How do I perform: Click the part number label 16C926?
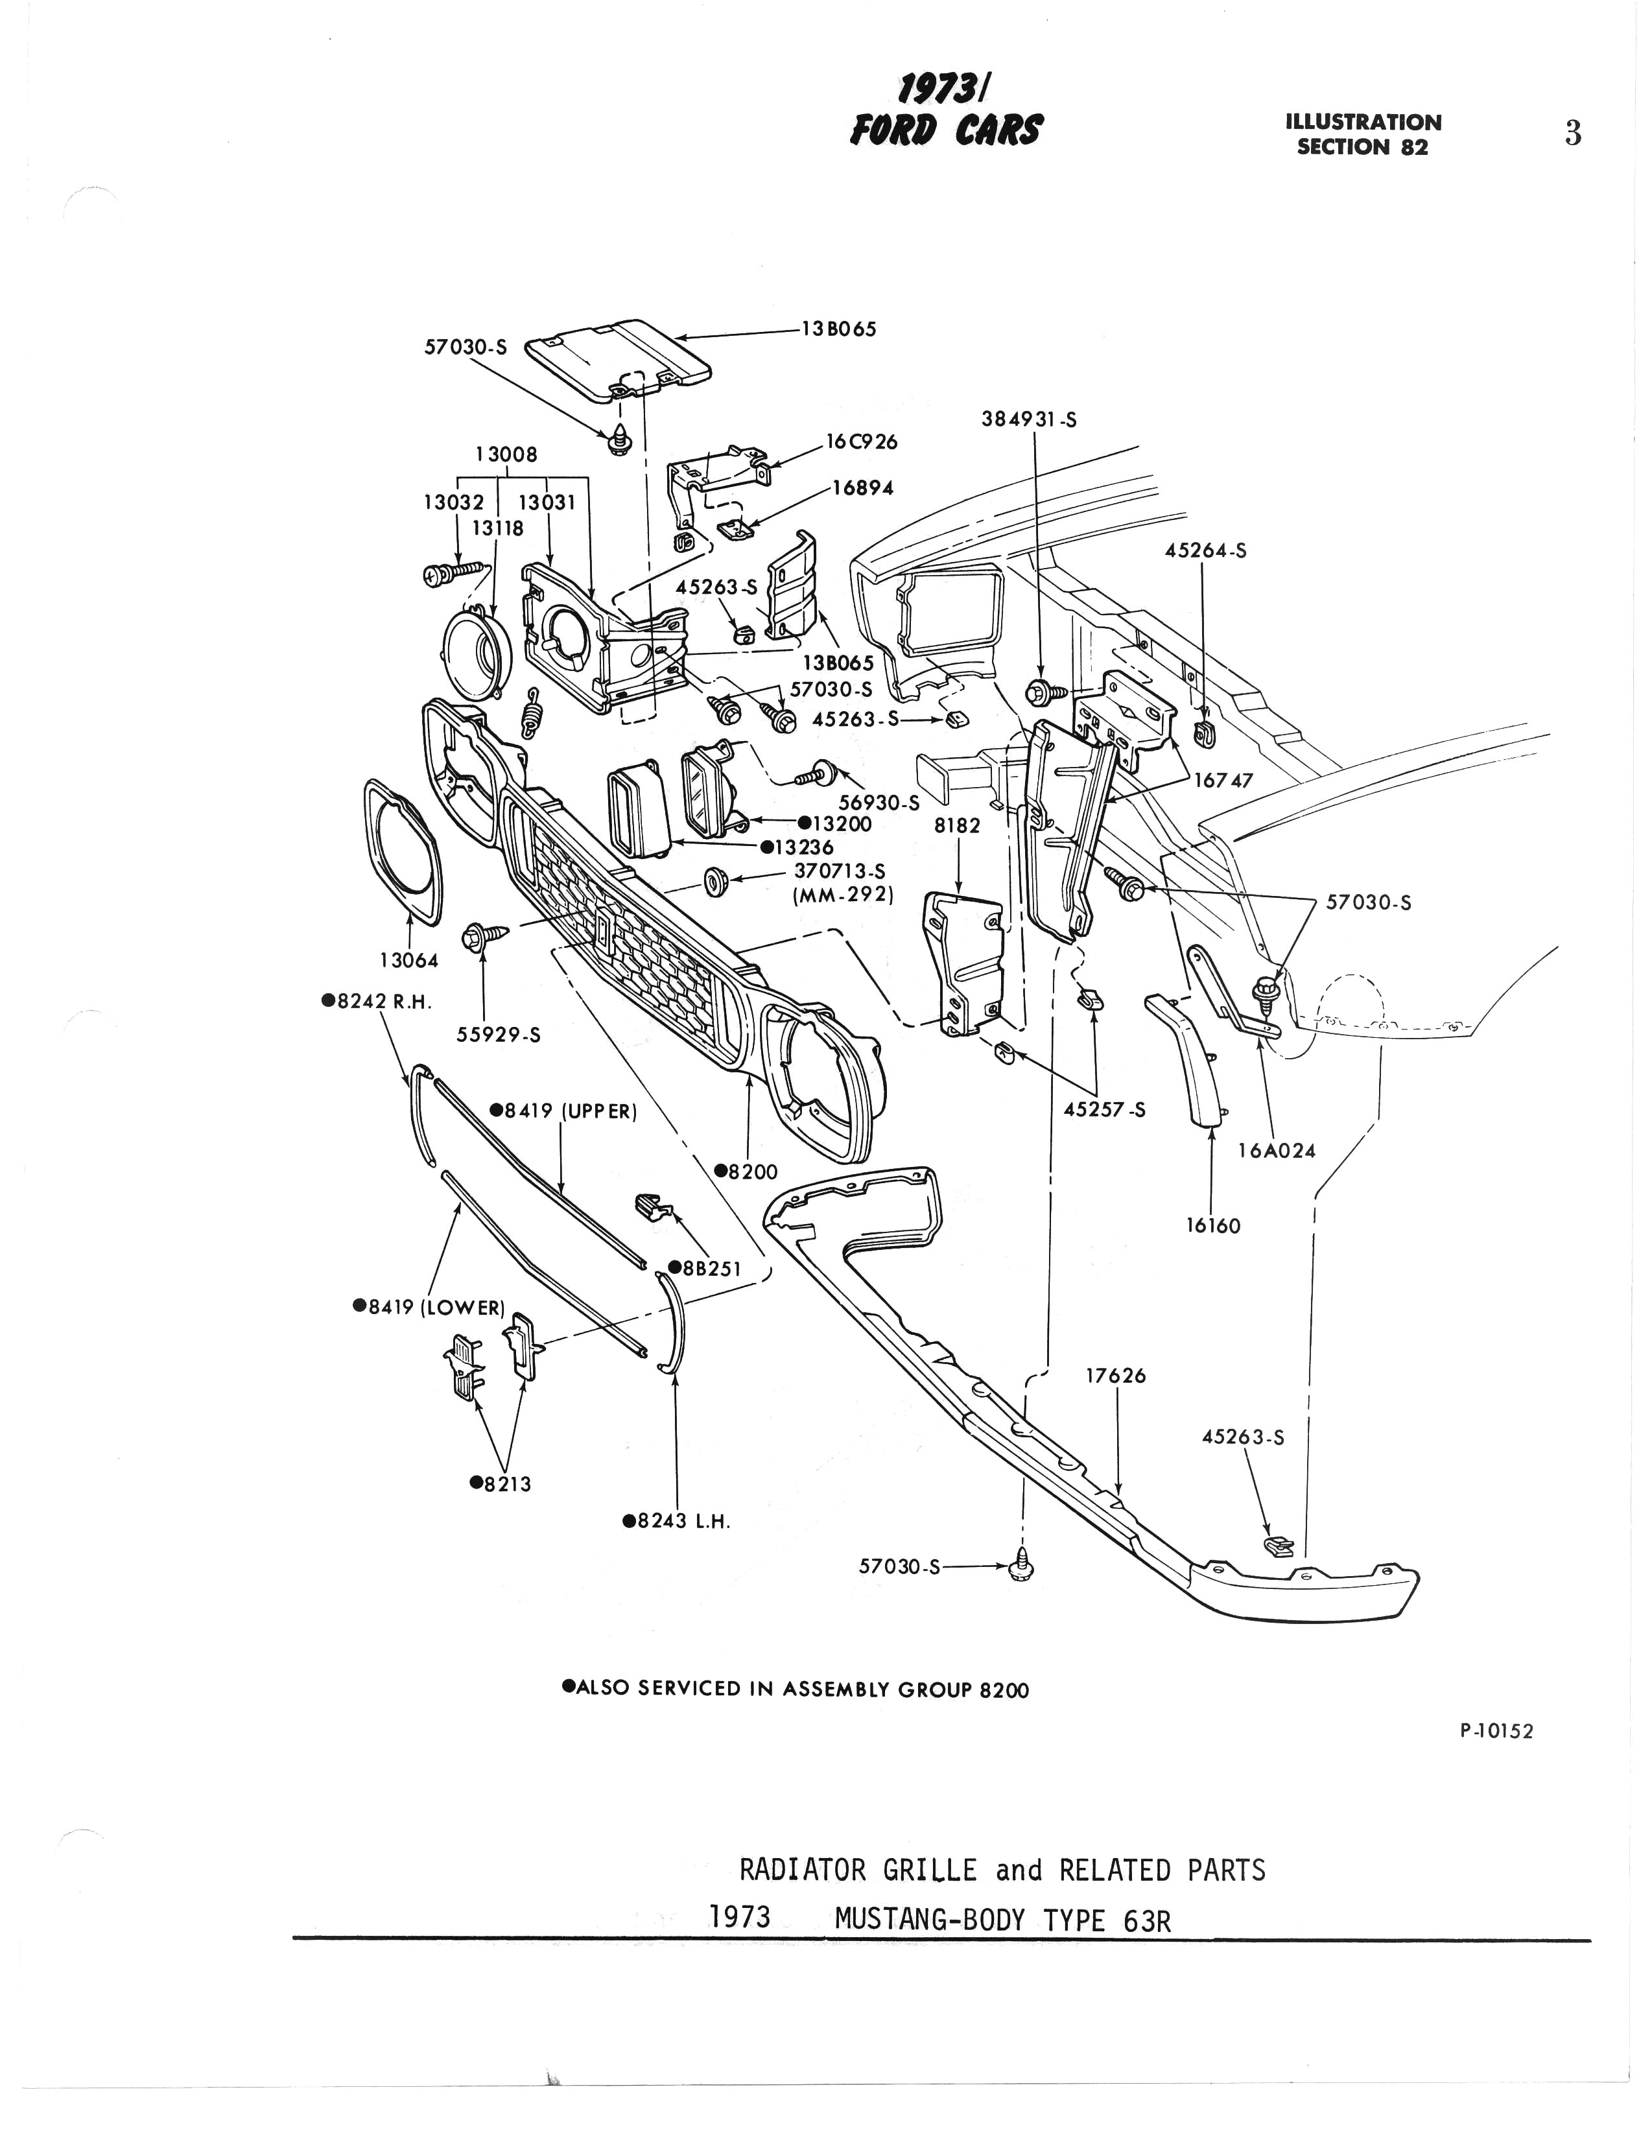point(862,442)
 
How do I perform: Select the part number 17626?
point(1115,1376)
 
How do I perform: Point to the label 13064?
point(409,960)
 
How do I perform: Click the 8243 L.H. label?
point(677,1520)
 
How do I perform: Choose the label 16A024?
point(1277,1151)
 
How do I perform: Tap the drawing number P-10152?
point(1496,1731)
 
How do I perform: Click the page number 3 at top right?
point(1572,133)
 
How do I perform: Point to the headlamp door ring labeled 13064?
point(400,849)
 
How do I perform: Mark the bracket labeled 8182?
point(963,960)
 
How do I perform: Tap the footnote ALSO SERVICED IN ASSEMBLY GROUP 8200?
point(796,1689)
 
